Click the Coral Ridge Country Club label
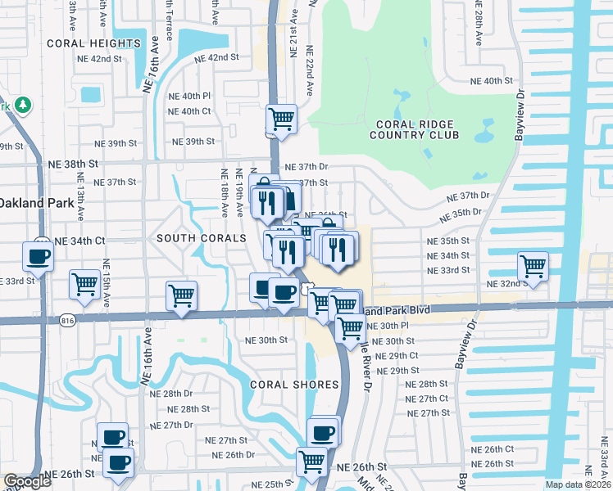[417, 129]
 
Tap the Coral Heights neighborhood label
[93, 43]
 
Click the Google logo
[27, 482]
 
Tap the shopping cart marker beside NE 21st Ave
[282, 119]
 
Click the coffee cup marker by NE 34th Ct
[38, 257]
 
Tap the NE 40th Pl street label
[189, 96]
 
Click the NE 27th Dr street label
[171, 425]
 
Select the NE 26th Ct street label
[493, 449]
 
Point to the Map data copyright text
[579, 484]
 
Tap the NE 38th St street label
[88, 164]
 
